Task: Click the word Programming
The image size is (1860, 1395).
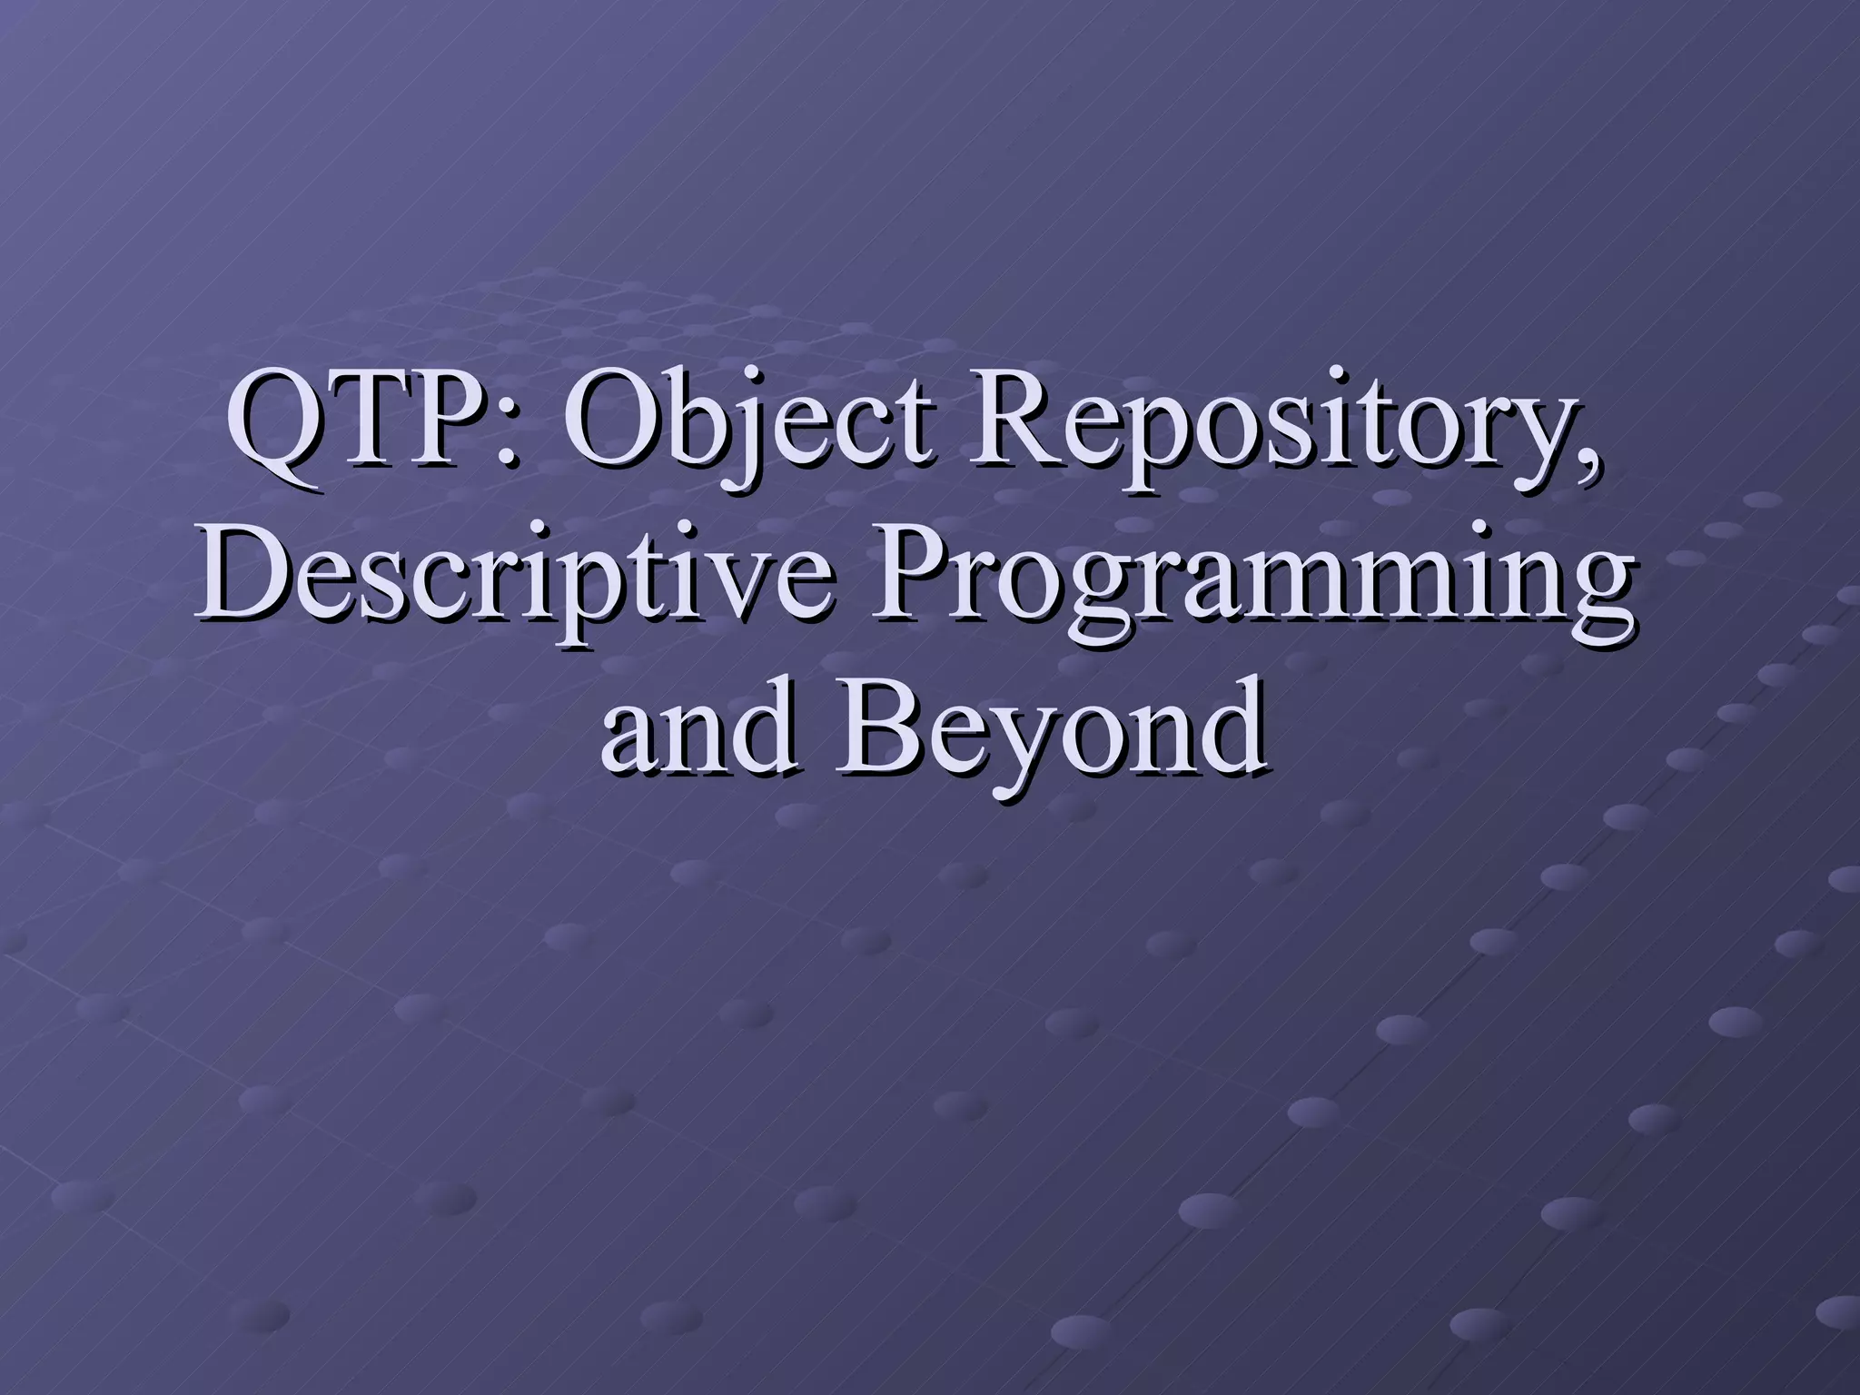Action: pos(1253,592)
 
